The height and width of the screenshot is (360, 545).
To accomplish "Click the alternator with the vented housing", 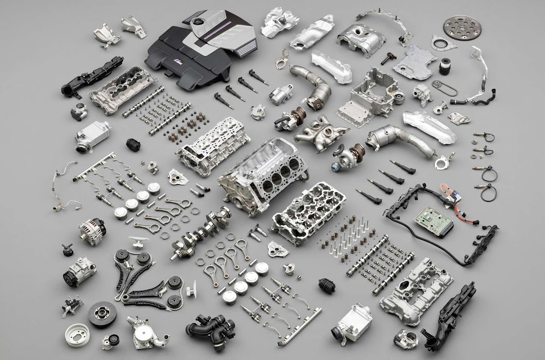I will [x=92, y=230].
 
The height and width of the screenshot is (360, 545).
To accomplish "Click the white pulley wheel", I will [x=75, y=334].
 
